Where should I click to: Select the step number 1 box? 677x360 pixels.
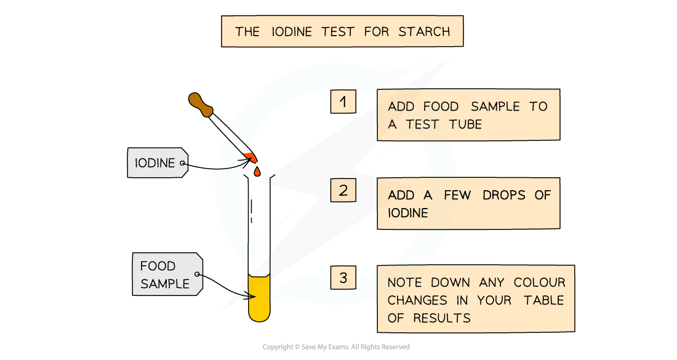click(x=343, y=102)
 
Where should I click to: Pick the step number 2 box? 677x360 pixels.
click(x=343, y=191)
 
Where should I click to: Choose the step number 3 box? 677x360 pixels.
click(x=343, y=278)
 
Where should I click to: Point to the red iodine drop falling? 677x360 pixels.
click(x=257, y=171)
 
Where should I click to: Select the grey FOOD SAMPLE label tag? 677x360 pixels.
click(x=166, y=274)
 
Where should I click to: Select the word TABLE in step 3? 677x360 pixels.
click(x=544, y=300)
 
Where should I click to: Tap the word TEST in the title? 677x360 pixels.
click(x=336, y=31)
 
